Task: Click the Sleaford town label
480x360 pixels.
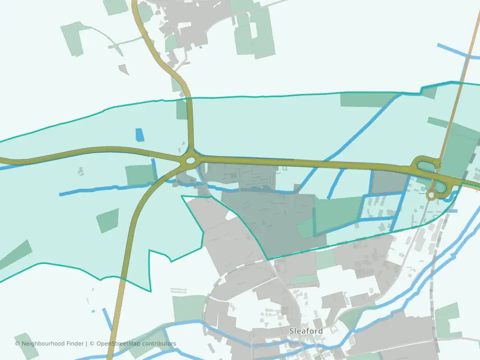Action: [306, 331]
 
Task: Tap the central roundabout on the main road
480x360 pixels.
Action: [190, 161]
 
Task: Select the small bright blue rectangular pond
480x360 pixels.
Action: [139, 135]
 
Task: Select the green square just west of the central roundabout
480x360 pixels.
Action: [140, 175]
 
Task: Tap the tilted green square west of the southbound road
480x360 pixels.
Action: [107, 220]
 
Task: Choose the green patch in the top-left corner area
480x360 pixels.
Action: [73, 38]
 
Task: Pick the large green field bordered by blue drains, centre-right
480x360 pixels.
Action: [338, 214]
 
